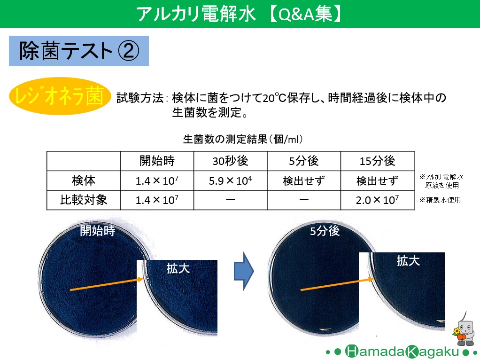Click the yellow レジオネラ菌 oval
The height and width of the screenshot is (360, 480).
coord(60,96)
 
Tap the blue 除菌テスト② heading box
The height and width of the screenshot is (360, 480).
coord(79,51)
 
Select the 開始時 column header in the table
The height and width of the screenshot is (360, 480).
coord(157,161)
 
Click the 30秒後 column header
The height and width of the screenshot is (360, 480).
coord(230,161)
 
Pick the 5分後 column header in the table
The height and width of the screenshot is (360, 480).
coord(304,161)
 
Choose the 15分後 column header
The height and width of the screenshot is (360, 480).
coord(377,161)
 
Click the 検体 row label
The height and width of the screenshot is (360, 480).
coord(83,180)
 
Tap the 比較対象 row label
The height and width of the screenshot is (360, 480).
coord(83,200)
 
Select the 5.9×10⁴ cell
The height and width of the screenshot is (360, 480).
coord(230,180)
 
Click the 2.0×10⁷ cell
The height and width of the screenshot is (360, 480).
coord(377,200)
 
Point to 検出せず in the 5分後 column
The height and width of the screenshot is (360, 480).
coord(304,181)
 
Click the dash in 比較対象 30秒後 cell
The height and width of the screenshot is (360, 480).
coord(230,200)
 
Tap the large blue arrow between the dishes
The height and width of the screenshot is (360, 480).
coord(244,271)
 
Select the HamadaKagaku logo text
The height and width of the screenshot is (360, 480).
coord(402,352)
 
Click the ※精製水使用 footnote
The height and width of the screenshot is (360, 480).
coord(440,200)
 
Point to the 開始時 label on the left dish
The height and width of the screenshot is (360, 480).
coord(97,231)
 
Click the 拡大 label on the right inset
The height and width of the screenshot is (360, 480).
coord(408,261)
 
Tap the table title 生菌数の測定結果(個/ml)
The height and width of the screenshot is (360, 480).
coord(243,139)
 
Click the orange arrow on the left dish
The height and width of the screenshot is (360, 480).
coord(107,284)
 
